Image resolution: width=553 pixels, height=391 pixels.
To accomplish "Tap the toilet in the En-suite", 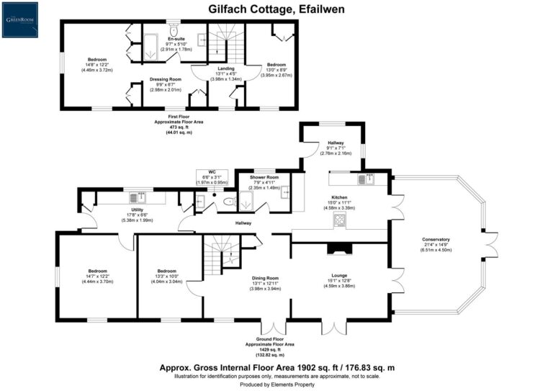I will click(175, 33).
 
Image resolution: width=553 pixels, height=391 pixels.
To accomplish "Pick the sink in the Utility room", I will click(135, 197).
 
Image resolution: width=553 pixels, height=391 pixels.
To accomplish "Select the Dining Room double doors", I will click(271, 323).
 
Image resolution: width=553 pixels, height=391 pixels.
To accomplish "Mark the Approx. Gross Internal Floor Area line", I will click(276, 367).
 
